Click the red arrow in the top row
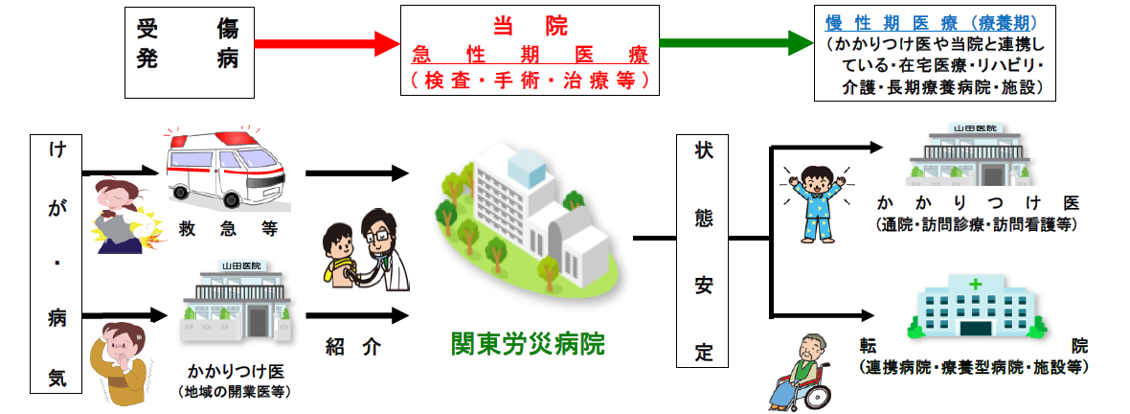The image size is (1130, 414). pos(327,43)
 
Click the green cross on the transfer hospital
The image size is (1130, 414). pos(976,285)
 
